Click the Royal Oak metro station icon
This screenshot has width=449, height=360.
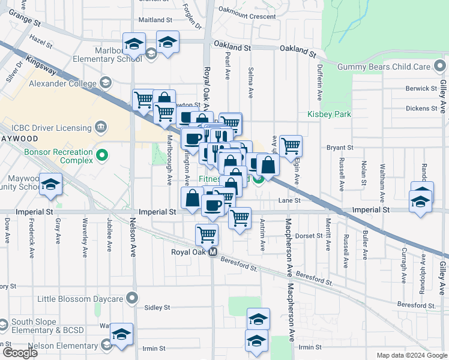tap(212, 253)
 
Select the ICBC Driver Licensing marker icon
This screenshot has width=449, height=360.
tap(101, 127)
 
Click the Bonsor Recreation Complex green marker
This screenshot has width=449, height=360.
tap(101, 156)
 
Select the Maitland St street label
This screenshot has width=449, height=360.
tap(155, 20)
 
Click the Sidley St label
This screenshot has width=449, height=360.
tap(158, 308)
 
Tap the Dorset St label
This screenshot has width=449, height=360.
tap(310, 236)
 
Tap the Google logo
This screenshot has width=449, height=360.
tap(19, 353)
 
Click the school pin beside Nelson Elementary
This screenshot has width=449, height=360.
tap(121, 334)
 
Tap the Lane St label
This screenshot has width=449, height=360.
tap(293, 200)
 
